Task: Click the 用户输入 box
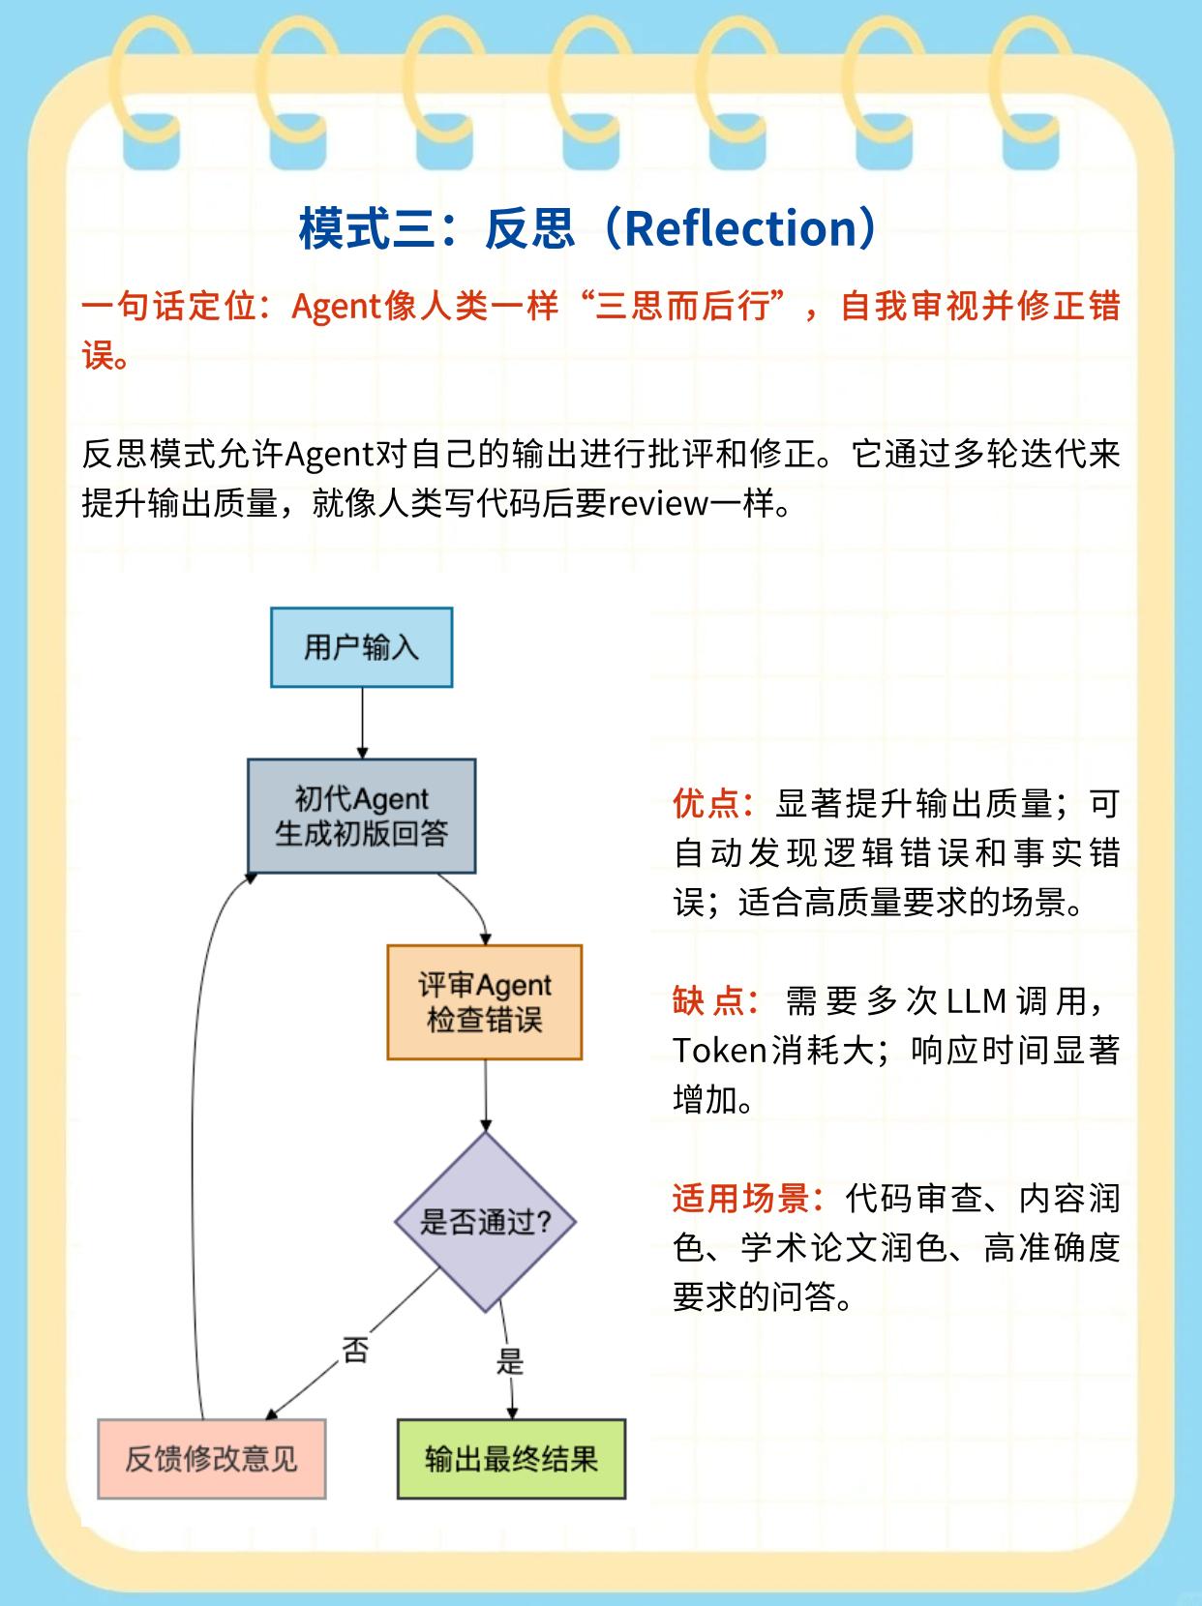pyautogui.click(x=361, y=647)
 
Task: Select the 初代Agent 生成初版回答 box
pyautogui.click(x=361, y=816)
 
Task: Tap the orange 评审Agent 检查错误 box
pyautogui.click(x=484, y=1002)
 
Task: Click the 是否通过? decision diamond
pyautogui.click(x=485, y=1221)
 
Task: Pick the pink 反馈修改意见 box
pyautogui.click(x=211, y=1459)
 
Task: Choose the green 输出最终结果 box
pyautogui.click(x=511, y=1459)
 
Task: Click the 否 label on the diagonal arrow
pyautogui.click(x=355, y=1349)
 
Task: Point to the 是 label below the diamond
pyautogui.click(x=509, y=1361)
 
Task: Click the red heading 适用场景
pyautogui.click(x=741, y=1198)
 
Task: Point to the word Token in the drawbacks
pyautogui.click(x=720, y=1051)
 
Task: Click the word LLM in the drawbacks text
pyautogui.click(x=977, y=1000)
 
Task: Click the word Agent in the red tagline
pyautogui.click(x=335, y=307)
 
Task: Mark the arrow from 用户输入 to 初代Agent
pyautogui.click(x=362, y=723)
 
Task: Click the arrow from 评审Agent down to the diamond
pyautogui.click(x=485, y=1095)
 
